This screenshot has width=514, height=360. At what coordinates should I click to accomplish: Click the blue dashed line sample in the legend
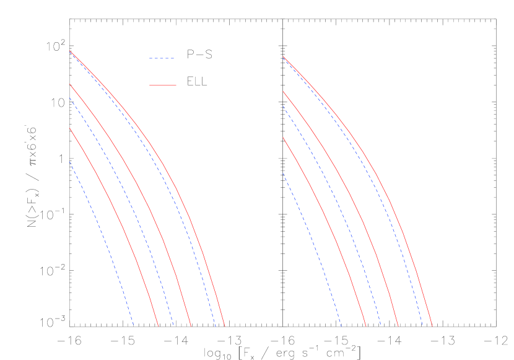[x=162, y=58]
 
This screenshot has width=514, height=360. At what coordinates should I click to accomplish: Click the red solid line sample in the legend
[x=162, y=85]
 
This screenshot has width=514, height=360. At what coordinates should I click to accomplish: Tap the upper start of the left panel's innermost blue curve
[x=69, y=162]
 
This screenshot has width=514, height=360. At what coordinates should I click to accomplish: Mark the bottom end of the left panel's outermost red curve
[x=224, y=325]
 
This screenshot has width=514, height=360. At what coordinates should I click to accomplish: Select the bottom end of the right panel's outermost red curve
[x=432, y=325]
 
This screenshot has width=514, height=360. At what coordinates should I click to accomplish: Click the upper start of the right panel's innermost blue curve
[x=284, y=173]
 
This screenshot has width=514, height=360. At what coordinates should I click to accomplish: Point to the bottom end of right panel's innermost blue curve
[x=341, y=325]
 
